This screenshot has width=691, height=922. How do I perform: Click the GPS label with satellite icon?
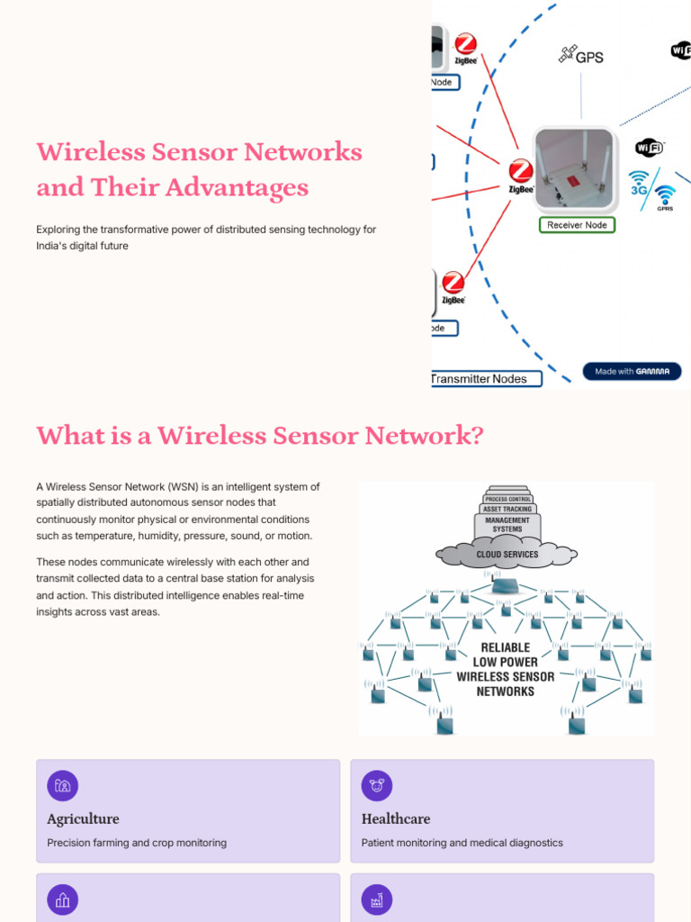(581, 56)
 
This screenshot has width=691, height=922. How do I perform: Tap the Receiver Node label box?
(577, 224)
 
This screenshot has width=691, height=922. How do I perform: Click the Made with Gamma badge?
(632, 371)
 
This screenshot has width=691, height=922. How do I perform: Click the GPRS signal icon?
(665, 197)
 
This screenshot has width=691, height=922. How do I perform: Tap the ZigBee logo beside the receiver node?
(520, 175)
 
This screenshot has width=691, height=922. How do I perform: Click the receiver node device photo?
(574, 168)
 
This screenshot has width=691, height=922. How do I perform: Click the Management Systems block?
(507, 525)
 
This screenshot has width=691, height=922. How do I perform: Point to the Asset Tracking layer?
(507, 509)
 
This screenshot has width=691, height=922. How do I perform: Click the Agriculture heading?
(83, 818)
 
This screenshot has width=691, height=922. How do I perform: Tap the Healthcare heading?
(396, 818)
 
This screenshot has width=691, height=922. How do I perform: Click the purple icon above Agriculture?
(62, 785)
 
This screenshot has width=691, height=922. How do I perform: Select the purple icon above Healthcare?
(376, 785)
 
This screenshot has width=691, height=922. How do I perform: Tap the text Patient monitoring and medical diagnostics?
(462, 843)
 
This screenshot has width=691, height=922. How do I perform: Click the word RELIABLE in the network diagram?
(506, 647)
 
